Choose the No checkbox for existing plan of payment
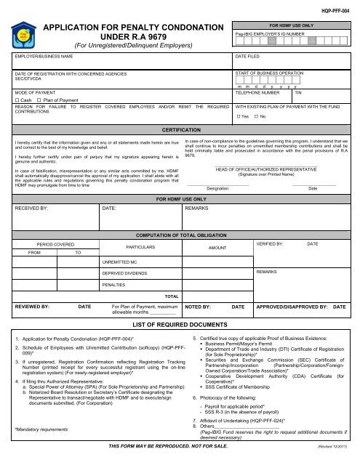(255, 116)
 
